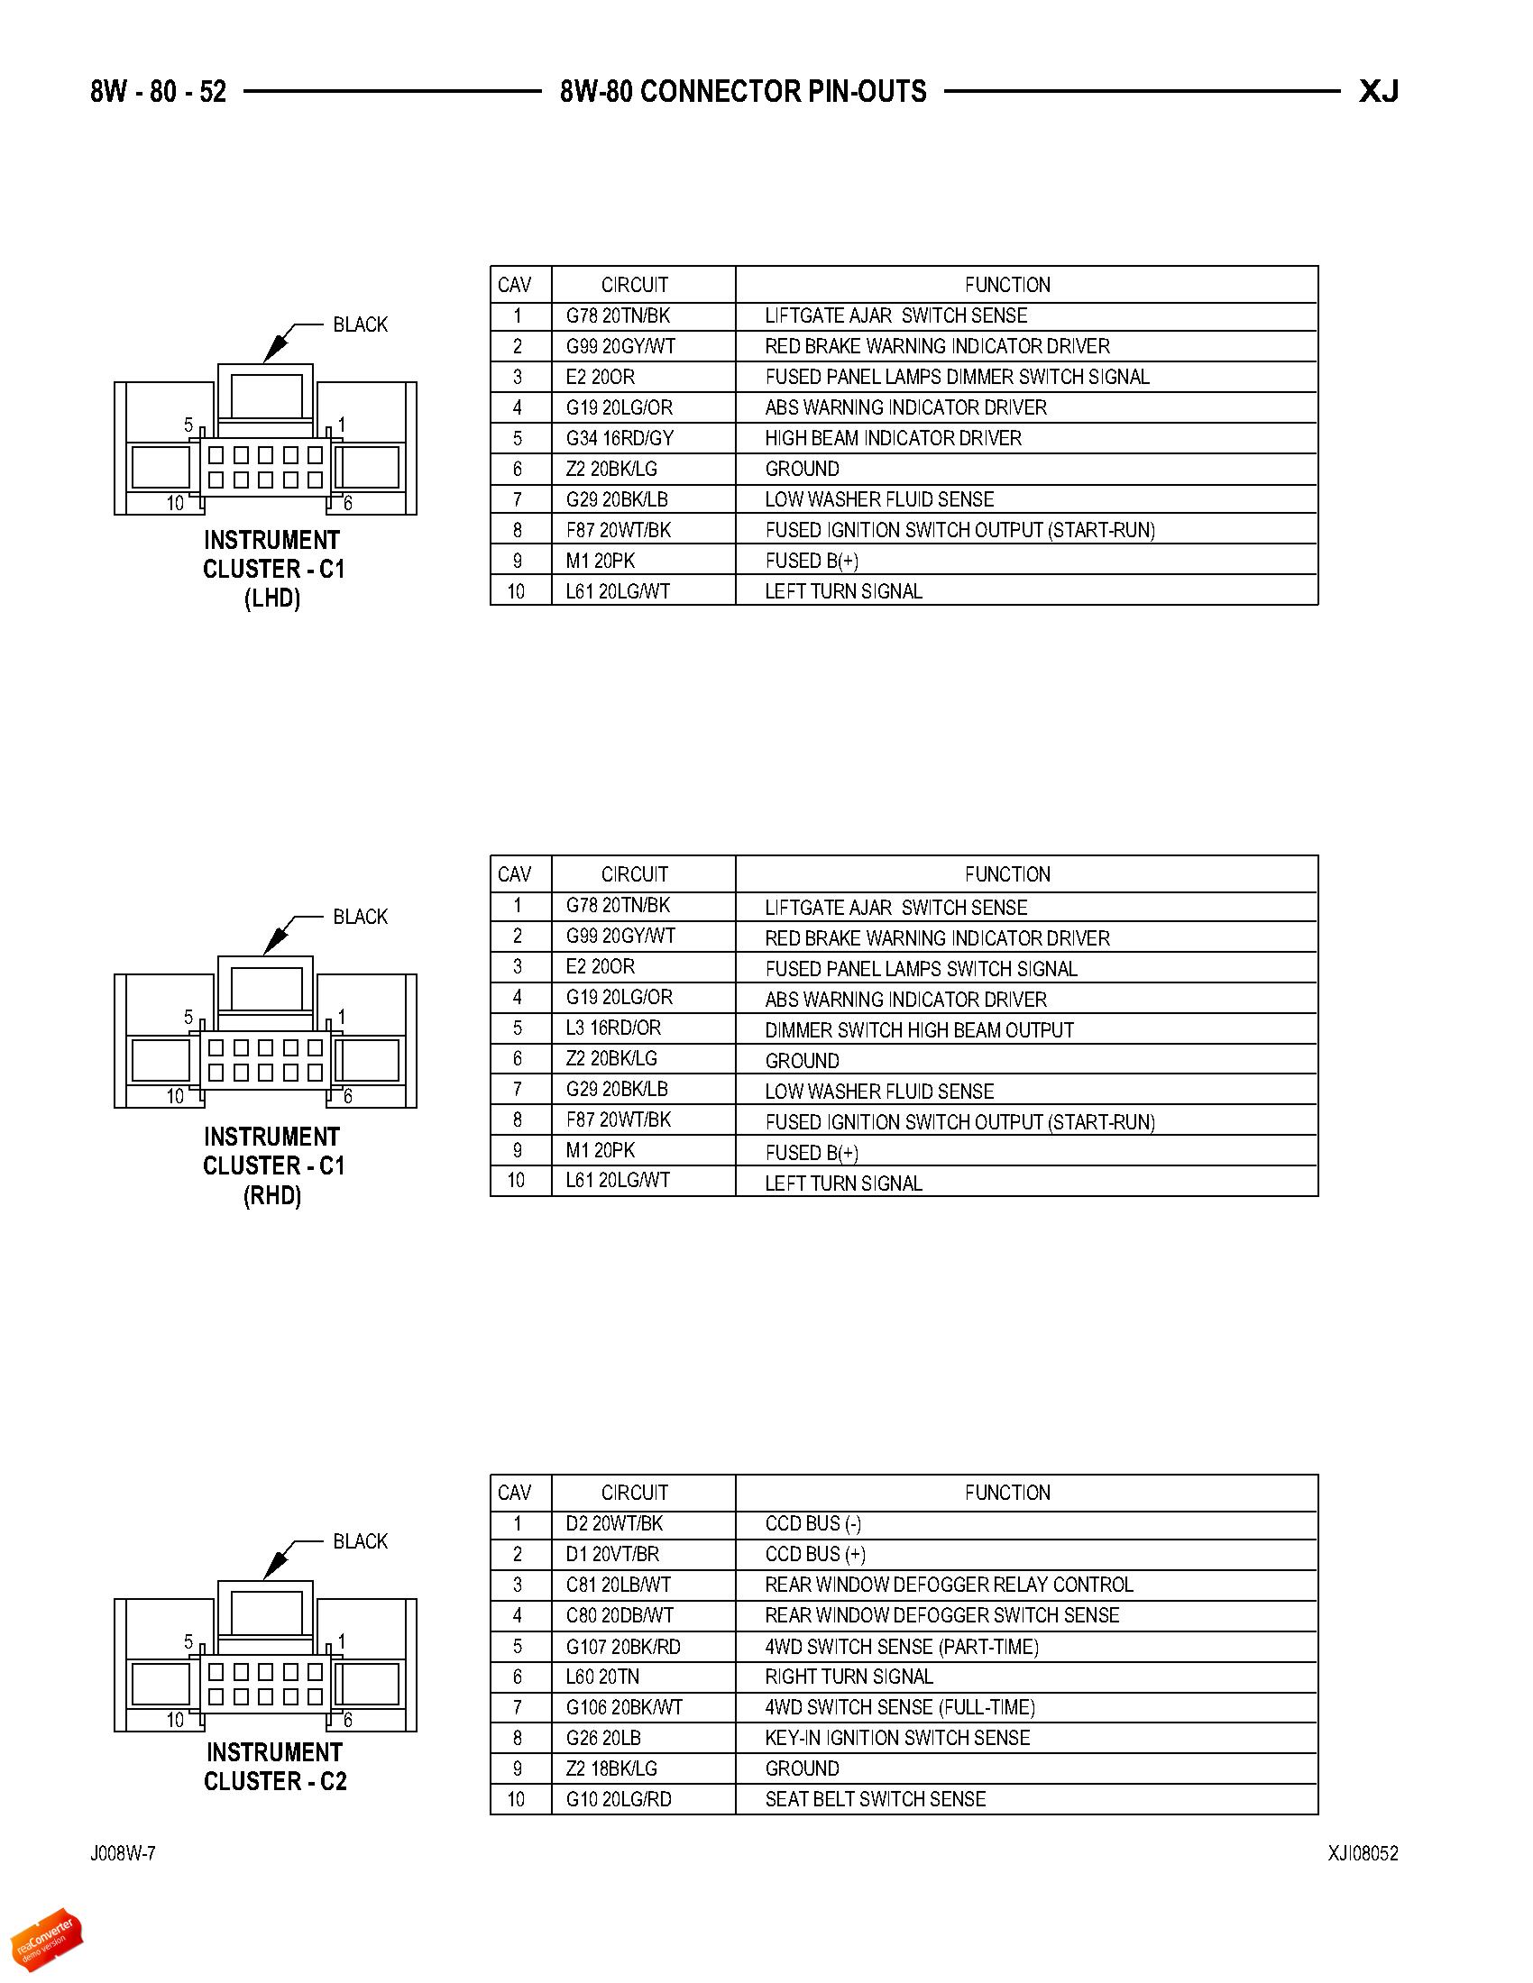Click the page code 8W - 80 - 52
pos(158,92)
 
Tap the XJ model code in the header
pos(1379,92)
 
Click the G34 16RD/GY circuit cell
pos(620,439)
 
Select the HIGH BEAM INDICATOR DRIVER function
pos(894,439)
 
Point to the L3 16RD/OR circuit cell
pos(614,1028)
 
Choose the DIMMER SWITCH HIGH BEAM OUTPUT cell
pos(919,1030)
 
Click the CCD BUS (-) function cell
pos(813,1524)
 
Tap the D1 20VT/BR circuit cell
pos(613,1555)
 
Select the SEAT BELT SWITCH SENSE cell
pos(876,1800)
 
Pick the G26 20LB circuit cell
pos(604,1738)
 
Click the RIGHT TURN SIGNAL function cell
pos(849,1677)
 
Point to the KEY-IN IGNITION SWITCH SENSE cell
pos(897,1738)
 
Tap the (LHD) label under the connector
pos(272,599)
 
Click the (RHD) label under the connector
pos(272,1196)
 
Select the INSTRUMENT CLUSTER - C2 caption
pos(274,1767)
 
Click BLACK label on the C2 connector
pos(361,1541)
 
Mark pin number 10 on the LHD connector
pos(175,504)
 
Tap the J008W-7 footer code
pos(123,1854)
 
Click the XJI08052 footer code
pos(1363,1854)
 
